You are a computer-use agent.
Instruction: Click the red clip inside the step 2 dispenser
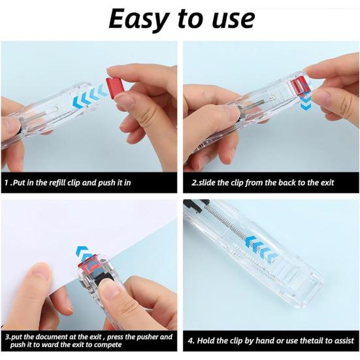(x=300, y=86)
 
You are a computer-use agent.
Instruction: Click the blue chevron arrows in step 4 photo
(x=261, y=249)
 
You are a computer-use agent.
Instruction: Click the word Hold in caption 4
(x=206, y=340)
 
